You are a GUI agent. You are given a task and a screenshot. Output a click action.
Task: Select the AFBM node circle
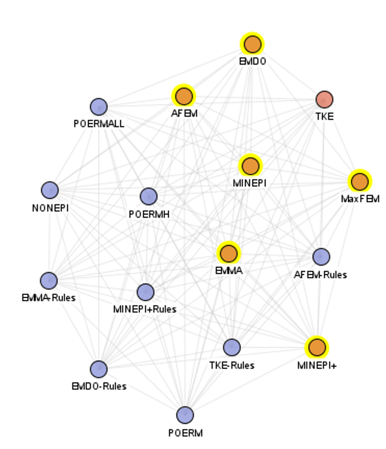tap(184, 96)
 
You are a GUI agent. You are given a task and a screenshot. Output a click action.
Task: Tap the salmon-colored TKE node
tap(325, 99)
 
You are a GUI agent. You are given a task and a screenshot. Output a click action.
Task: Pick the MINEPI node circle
tap(250, 166)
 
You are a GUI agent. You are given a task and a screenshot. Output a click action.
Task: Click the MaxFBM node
tap(360, 182)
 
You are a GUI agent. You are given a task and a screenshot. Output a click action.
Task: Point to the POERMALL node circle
tap(99, 107)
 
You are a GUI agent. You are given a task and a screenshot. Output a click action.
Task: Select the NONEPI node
tap(50, 190)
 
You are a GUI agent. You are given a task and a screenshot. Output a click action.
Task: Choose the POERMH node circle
tap(148, 196)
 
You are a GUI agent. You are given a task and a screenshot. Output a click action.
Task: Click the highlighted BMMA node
tap(229, 253)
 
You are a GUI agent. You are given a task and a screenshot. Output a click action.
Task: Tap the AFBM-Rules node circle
tap(321, 257)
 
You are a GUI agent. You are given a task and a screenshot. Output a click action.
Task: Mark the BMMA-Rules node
tap(49, 280)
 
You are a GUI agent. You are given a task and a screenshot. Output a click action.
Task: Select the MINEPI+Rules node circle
tap(145, 292)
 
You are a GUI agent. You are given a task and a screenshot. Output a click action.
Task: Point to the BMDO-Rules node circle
tap(98, 369)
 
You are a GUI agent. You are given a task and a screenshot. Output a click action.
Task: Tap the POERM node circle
tap(185, 415)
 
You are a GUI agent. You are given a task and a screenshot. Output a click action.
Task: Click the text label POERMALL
tap(99, 124)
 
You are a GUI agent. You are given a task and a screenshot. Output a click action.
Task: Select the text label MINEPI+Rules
tap(145, 309)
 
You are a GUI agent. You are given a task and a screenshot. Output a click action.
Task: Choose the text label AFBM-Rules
tap(320, 275)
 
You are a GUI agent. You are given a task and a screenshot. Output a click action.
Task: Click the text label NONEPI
tap(50, 207)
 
